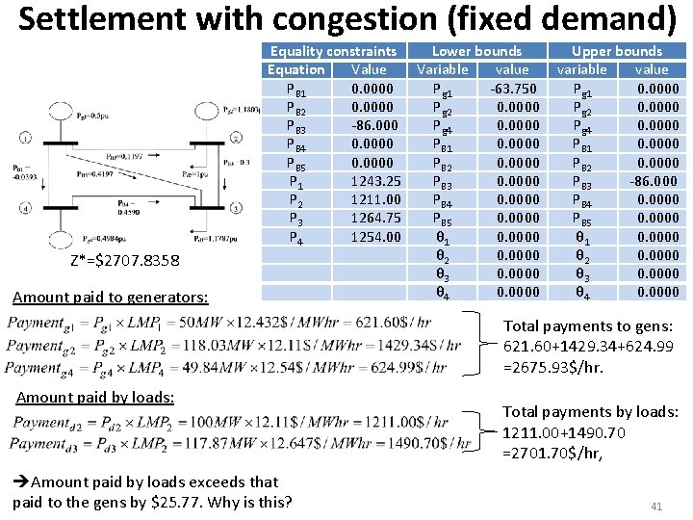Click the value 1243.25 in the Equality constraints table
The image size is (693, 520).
[x=370, y=181]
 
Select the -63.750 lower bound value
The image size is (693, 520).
[x=512, y=89]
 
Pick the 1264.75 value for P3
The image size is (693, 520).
[x=370, y=219]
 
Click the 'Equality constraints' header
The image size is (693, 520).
[x=333, y=51]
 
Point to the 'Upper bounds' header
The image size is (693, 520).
[x=617, y=51]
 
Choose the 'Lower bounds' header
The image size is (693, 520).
[x=476, y=51]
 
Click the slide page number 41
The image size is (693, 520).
[x=658, y=506]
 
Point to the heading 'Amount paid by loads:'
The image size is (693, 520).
[x=95, y=397]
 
